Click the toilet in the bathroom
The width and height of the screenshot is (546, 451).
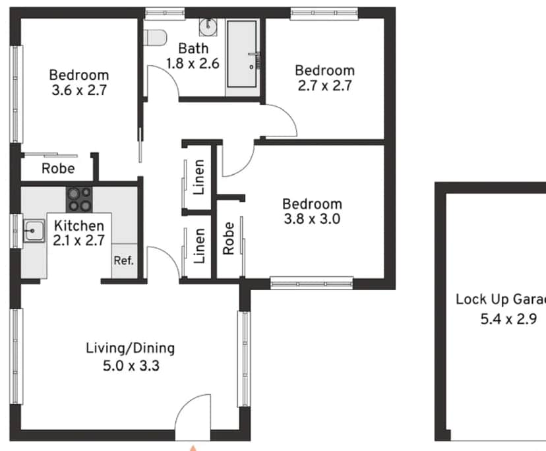click(x=155, y=38)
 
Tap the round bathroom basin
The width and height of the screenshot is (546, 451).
click(x=208, y=27)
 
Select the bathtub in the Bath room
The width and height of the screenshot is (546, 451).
click(x=242, y=54)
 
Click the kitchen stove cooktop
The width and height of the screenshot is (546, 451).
click(x=79, y=200)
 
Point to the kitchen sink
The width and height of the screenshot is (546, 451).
click(x=34, y=231)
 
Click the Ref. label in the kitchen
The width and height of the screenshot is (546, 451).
click(x=123, y=260)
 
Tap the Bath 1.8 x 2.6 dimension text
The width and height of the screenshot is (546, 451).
click(x=193, y=56)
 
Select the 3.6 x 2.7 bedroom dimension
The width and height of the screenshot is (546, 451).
click(x=79, y=90)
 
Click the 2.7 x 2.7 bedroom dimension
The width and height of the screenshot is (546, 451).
click(x=324, y=86)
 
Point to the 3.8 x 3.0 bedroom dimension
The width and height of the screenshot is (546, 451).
click(x=312, y=219)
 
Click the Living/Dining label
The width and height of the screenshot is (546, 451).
click(x=130, y=348)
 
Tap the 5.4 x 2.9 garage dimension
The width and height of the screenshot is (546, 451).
click(x=508, y=319)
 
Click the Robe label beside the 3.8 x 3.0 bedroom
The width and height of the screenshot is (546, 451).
click(x=228, y=239)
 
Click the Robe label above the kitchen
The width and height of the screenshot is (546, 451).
click(x=58, y=169)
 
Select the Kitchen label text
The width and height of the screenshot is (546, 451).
click(x=79, y=225)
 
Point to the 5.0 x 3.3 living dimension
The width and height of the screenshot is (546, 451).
click(x=131, y=366)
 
